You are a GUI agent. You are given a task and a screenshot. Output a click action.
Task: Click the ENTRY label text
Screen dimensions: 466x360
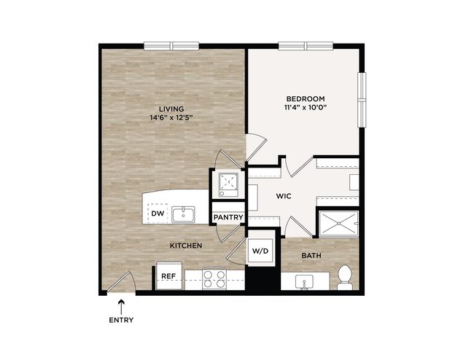[121, 320]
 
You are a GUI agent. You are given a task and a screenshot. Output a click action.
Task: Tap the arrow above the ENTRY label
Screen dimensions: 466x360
[121, 307]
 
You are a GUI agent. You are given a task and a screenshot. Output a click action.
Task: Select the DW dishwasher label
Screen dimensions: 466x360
[158, 214]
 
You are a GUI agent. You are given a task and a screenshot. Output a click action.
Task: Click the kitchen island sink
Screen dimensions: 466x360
[183, 214]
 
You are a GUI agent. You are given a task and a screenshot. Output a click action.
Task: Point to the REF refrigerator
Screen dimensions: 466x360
[169, 275]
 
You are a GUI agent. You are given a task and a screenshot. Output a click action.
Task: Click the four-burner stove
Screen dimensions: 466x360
[214, 279]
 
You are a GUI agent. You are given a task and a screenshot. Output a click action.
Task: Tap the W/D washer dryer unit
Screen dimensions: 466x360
[260, 251]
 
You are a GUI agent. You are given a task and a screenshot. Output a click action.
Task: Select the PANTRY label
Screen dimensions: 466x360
[228, 217]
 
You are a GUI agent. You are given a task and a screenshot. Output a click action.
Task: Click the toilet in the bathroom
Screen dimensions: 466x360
[345, 278]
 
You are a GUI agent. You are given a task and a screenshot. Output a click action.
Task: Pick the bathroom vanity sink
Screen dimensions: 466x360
[304, 282]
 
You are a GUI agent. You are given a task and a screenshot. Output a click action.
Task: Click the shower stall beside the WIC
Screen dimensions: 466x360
[338, 224]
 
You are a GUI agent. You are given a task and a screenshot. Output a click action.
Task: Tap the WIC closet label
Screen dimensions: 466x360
[284, 196]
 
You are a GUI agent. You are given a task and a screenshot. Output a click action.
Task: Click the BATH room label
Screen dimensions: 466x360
[311, 256]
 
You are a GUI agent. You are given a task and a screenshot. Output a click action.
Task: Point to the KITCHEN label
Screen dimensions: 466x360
[186, 246]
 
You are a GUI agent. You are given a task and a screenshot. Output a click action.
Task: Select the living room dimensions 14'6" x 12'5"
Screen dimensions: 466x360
[171, 117]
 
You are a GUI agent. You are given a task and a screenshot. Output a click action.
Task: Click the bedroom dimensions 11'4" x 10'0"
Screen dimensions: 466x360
[306, 107]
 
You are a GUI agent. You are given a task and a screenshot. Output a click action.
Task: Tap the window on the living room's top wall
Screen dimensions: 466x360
[171, 46]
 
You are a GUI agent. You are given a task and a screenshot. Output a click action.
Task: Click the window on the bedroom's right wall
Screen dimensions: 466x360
[362, 100]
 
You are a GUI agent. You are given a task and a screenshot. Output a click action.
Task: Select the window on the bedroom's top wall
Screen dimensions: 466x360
[306, 46]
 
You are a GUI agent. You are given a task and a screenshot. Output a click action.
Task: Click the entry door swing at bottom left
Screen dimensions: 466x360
[122, 281]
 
